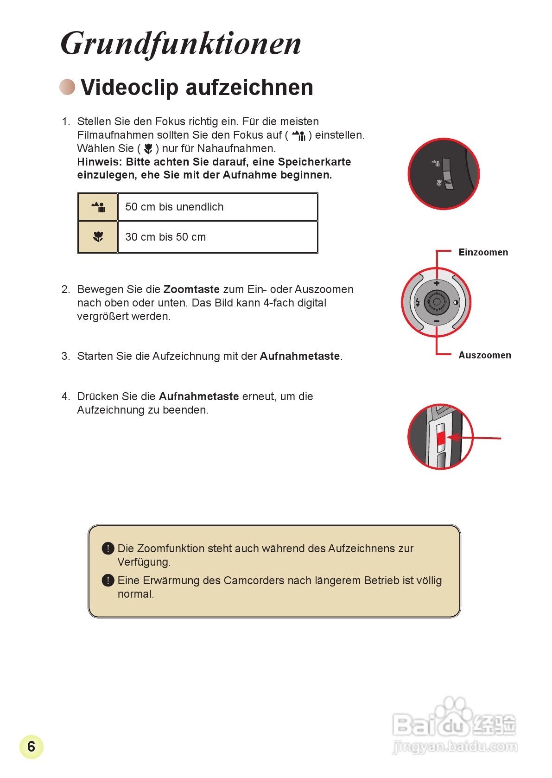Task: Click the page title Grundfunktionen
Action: click(x=181, y=44)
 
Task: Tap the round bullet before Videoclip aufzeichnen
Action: click(x=68, y=87)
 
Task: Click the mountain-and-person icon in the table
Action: click(x=98, y=207)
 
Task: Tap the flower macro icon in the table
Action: click(x=98, y=237)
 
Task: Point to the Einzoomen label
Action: click(x=483, y=252)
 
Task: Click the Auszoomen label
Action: click(x=485, y=355)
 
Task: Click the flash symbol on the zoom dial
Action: click(x=418, y=302)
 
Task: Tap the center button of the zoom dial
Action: click(x=437, y=302)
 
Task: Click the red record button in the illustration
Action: click(x=441, y=437)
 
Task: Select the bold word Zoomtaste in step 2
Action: click(x=191, y=289)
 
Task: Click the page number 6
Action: click(x=31, y=746)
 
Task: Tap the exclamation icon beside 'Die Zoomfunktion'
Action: click(x=108, y=548)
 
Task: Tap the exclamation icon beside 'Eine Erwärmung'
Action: click(x=108, y=580)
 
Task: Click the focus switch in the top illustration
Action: click(x=447, y=174)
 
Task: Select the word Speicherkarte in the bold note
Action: click(x=314, y=162)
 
